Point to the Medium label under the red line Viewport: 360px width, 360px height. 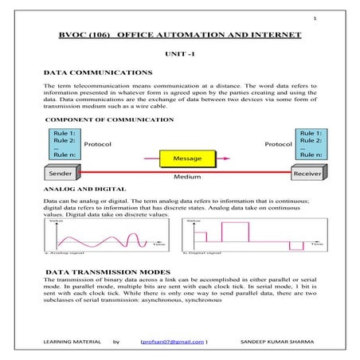[x=188, y=177]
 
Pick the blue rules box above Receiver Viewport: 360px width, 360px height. [x=307, y=143]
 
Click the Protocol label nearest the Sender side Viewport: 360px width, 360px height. [x=97, y=144]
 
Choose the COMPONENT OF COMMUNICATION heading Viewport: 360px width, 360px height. [x=110, y=119]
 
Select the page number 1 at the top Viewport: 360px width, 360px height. [x=315, y=18]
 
